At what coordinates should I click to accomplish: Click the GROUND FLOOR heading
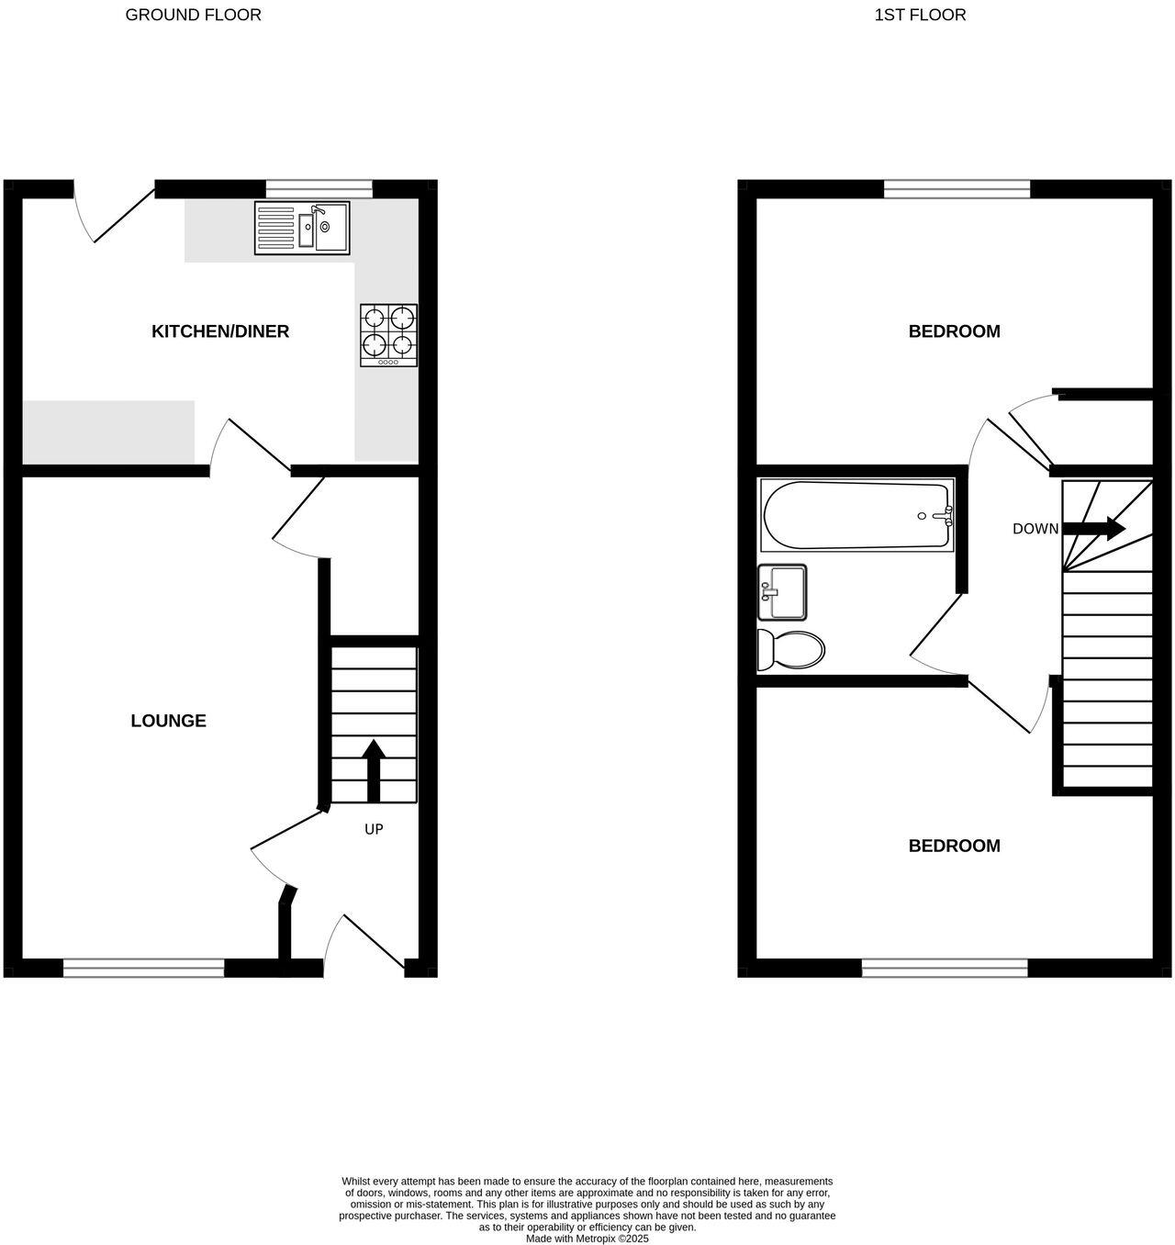(193, 15)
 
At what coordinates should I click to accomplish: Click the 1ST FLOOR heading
(920, 15)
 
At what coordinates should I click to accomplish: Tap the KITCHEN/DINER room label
(220, 331)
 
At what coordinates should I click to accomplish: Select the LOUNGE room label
(168, 721)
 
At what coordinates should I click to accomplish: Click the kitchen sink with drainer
(302, 228)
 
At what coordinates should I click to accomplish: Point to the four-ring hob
(389, 335)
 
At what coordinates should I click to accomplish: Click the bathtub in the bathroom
(857, 516)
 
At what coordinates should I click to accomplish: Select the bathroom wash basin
(782, 592)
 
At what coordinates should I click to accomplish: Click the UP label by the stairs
(374, 829)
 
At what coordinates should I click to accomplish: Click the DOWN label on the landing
(1035, 529)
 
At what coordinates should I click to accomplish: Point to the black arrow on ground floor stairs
(373, 770)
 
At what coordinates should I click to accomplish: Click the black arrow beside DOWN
(1094, 529)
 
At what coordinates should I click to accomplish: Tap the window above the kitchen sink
(319, 190)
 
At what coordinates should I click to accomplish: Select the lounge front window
(143, 967)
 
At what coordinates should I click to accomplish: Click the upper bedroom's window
(957, 189)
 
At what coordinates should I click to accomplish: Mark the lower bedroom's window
(945, 967)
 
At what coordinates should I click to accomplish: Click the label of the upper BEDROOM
(954, 331)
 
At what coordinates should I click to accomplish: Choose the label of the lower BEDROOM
(954, 846)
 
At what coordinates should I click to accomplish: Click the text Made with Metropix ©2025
(587, 1238)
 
